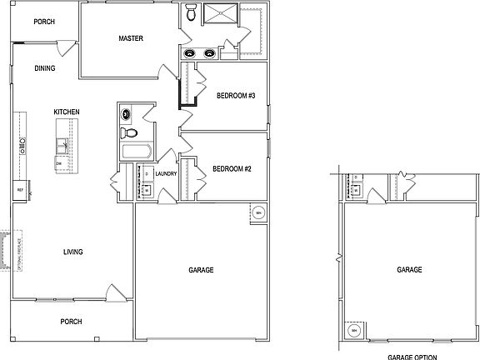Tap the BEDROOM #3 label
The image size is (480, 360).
click(234, 96)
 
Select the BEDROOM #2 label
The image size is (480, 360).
click(232, 168)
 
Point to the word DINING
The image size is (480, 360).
click(45, 69)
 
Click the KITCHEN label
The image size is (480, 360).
click(67, 111)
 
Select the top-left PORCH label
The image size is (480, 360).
click(44, 22)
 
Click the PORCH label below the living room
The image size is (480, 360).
click(71, 321)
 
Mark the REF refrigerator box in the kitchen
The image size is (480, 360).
click(19, 191)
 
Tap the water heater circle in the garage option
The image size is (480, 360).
click(354, 331)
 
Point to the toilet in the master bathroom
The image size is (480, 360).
click(192, 12)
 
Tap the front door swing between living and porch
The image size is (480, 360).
click(111, 293)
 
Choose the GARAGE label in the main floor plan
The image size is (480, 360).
click(201, 271)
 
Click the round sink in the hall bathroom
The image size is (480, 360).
click(127, 114)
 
